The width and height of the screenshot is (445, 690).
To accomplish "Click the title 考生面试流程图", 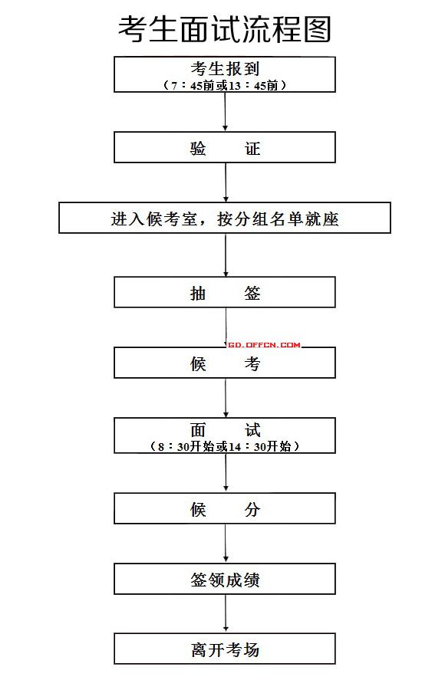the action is coord(224,29).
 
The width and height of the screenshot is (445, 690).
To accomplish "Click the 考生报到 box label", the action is coord(225,69).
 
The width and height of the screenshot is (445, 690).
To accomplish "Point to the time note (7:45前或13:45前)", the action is coord(225,85).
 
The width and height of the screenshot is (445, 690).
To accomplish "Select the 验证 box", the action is coord(225,147).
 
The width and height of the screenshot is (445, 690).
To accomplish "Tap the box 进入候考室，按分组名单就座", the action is coord(225,218).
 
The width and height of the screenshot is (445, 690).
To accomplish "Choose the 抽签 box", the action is coord(225,292).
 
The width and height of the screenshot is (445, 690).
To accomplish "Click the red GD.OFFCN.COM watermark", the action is coord(265,344).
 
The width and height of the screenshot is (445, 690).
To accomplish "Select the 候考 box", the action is coord(225,363).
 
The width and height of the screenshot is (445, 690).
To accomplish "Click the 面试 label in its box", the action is coord(225,429).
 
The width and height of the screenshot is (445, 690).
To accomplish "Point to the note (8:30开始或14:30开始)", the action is coord(225,446).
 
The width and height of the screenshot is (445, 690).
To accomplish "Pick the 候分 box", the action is coord(225,508).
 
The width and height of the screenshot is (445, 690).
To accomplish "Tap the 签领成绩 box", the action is coord(225,579).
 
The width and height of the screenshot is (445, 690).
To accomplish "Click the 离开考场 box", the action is coord(225,649).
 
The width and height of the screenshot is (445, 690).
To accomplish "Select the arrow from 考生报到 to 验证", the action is coord(225,112).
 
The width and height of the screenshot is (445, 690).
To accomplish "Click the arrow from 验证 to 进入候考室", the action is coord(226,182).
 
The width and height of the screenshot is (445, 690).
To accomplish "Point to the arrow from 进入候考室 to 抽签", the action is coord(226,255).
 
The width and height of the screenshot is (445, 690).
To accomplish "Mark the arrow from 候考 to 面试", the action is coord(226,398).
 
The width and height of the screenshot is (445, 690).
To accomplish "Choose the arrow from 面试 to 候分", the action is coord(226,472).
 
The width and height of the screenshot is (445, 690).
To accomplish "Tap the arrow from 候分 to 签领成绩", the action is coord(226,544).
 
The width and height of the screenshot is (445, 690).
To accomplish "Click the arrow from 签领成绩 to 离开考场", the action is coord(226,613).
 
